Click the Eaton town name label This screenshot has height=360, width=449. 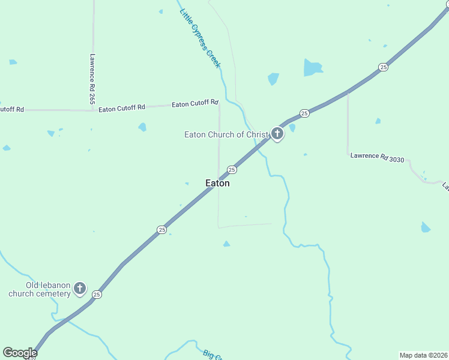(x=217, y=184)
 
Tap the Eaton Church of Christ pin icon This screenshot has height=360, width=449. (x=277, y=134)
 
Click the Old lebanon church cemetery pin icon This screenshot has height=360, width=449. (x=80, y=289)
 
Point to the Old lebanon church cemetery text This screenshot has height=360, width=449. (x=40, y=289)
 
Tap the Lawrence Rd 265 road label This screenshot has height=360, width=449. (x=92, y=79)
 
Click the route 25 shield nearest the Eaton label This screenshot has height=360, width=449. (x=232, y=170)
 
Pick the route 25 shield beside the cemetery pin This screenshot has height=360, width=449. (x=97, y=295)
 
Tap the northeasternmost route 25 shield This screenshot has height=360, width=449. (x=383, y=67)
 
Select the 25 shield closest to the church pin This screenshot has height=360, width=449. (x=304, y=113)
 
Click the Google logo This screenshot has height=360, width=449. (x=20, y=353)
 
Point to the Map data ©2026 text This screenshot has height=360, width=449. (x=423, y=355)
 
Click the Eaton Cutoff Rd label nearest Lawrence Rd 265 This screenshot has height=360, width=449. (x=122, y=108)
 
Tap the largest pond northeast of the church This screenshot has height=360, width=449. (x=312, y=67)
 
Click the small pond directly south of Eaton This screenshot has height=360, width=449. (x=226, y=244)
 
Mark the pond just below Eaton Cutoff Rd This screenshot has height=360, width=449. (x=142, y=127)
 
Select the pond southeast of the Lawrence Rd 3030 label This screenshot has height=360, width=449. (x=426, y=227)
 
